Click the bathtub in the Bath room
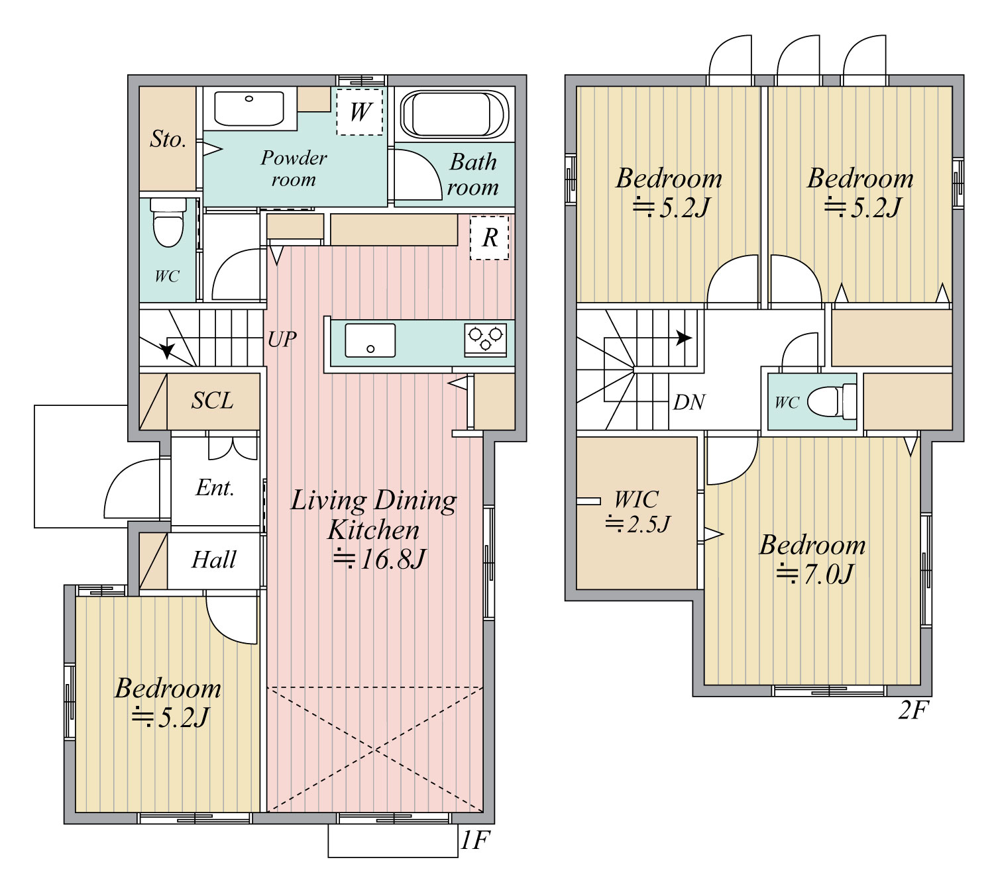tap(454, 114)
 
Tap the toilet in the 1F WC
tap(168, 222)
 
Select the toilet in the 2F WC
tap(831, 401)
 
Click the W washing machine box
tap(360, 111)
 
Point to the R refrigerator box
tap(489, 238)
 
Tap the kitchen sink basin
tap(370, 340)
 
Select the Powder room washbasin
tap(249, 108)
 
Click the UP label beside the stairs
tap(282, 339)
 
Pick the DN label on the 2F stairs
tap(689, 403)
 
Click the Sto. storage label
tap(168, 139)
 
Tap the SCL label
tap(212, 401)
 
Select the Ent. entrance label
tap(215, 488)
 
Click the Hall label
tap(214, 560)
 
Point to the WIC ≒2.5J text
tap(637, 511)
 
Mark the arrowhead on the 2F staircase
tap(685, 338)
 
